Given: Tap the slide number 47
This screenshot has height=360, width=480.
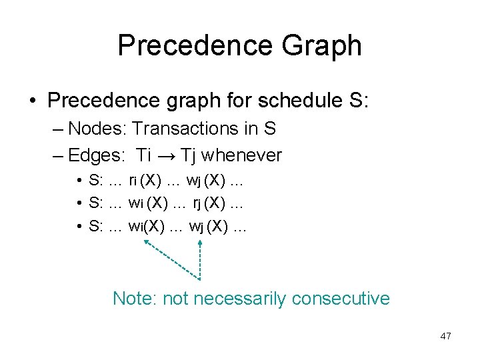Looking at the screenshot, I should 445,336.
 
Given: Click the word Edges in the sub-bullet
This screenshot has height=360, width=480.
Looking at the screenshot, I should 96,155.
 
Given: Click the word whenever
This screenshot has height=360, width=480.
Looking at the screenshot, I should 241,155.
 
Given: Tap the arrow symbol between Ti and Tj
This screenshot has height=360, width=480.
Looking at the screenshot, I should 166,156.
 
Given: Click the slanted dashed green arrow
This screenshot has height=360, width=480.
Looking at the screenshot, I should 170,259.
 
